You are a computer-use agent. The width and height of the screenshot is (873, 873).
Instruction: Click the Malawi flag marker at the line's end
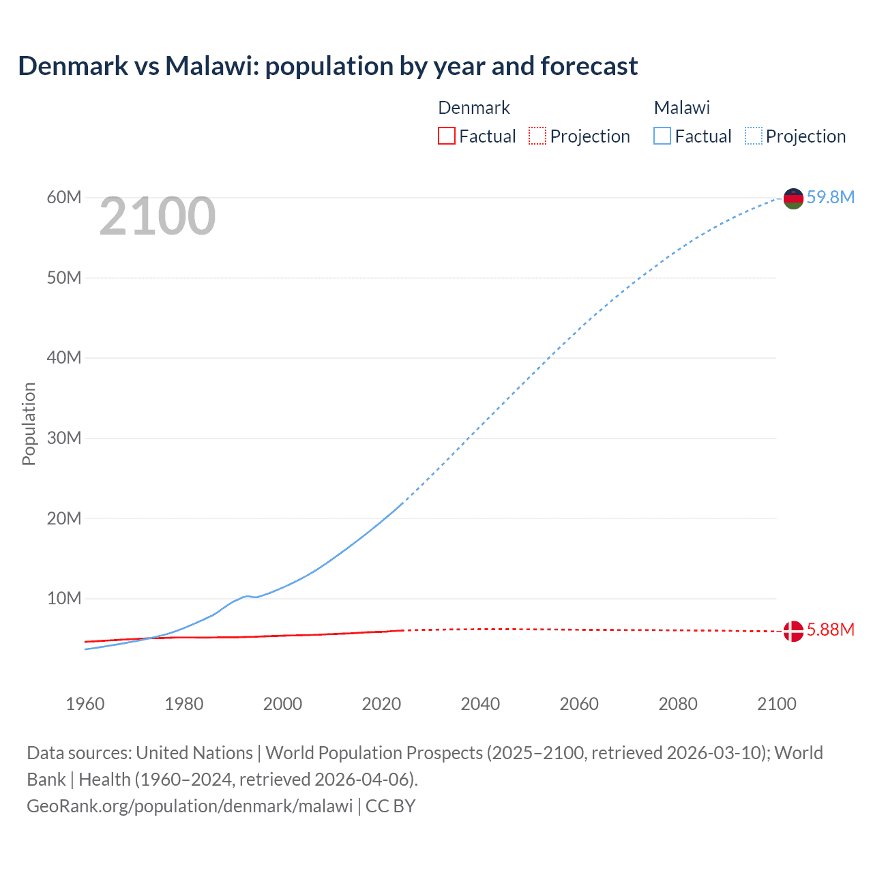coord(793,198)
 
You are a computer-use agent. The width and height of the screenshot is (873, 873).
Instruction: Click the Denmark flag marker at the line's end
coord(793,631)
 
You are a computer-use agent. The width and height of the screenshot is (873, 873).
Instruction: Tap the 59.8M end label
coord(830,197)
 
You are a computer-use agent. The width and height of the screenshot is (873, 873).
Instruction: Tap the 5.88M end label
coord(830,630)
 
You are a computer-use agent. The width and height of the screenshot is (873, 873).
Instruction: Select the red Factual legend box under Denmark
coord(446,136)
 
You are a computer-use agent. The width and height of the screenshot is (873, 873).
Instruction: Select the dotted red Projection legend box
coord(537,136)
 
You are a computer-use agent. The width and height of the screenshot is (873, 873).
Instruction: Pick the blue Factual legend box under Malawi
coord(662,136)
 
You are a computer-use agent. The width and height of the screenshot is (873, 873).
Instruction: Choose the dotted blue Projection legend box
coord(753,136)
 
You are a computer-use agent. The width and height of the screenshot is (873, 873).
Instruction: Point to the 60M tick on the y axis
coord(64,197)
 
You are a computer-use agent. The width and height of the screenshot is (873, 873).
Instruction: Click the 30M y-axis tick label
coord(64,438)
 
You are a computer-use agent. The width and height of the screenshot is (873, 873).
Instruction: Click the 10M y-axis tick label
coord(64,598)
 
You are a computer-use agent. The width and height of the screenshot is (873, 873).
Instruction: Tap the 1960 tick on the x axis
coord(85,704)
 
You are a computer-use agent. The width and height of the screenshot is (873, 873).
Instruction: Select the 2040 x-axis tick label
coord(480,704)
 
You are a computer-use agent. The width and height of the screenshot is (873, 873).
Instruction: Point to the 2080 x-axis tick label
coord(678,704)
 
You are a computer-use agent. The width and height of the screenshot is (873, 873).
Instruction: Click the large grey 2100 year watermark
coord(158,216)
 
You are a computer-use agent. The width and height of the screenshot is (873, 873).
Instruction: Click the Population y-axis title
coord(29,424)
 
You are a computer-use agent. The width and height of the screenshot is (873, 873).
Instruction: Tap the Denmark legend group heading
coord(473,108)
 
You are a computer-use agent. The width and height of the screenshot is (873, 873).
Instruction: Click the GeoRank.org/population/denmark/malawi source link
coord(190,805)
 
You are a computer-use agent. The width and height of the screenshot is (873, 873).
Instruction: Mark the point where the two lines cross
coord(149,638)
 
